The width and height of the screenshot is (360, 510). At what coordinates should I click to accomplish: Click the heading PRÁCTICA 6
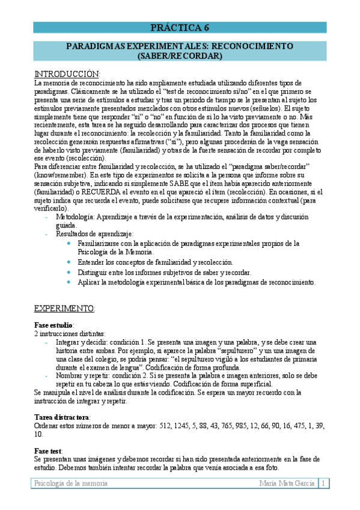[180, 27]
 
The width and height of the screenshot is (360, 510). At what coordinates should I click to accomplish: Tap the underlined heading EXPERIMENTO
[64, 309]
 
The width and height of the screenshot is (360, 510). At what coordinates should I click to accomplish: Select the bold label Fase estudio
[53, 325]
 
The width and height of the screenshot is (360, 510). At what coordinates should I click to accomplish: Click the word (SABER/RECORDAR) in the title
[180, 56]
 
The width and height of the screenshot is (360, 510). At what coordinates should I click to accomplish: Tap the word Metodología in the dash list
[75, 217]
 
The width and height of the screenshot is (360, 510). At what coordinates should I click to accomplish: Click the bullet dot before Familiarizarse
[70, 244]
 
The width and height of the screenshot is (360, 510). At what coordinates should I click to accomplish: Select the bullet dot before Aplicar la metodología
[70, 282]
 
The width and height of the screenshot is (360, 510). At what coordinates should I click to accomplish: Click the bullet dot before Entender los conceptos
[70, 263]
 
